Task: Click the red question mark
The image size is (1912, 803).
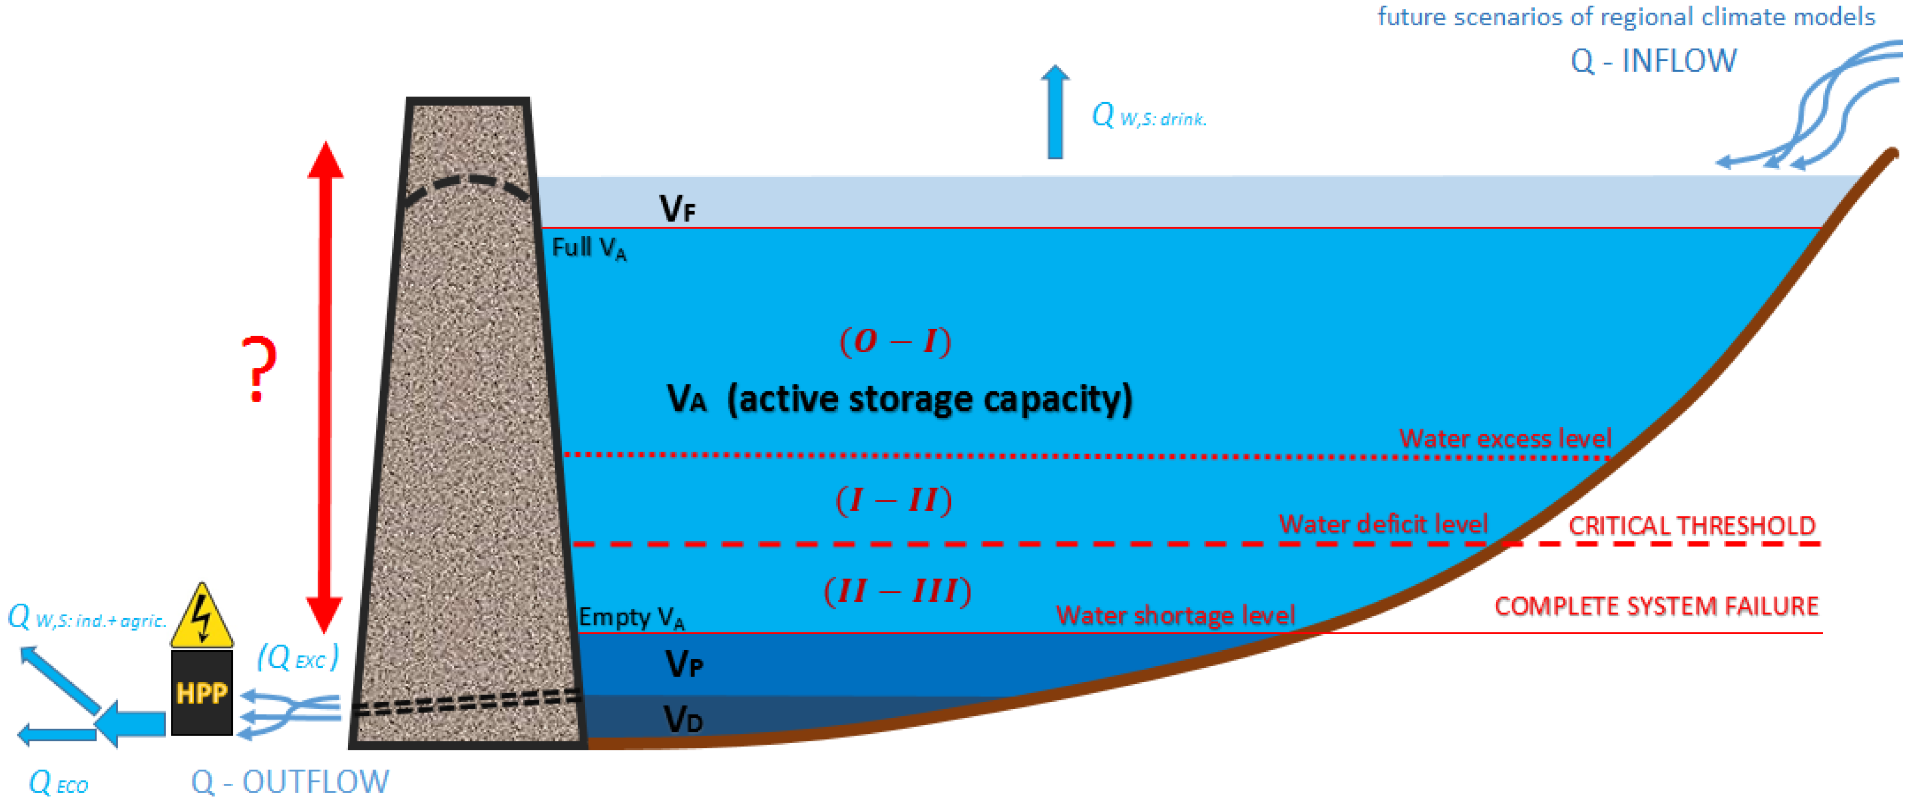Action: tap(258, 369)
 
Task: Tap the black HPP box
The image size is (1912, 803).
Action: tap(201, 693)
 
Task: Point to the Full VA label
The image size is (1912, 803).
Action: tap(588, 248)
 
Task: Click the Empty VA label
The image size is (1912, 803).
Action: tap(631, 617)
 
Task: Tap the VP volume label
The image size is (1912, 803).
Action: tap(683, 664)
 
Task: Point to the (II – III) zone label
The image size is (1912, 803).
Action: tap(897, 591)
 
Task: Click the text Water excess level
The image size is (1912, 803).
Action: tap(1505, 439)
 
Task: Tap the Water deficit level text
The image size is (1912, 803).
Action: tap(1383, 524)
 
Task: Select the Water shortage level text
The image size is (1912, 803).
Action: tap(1175, 615)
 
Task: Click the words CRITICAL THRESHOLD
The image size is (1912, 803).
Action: tap(1692, 525)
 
